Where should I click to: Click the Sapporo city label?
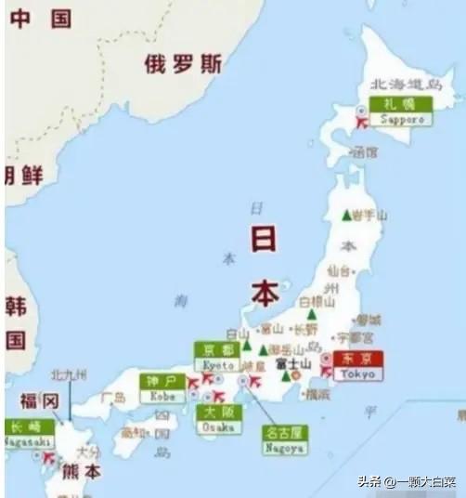pos(401,111)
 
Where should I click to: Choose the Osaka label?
pos(218,418)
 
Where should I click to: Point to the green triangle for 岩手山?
pos(346,216)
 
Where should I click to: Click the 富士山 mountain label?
pos(292,363)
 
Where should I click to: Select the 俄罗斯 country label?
pos(183,64)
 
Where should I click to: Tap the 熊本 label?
pos(81,471)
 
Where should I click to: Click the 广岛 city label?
pos(113,397)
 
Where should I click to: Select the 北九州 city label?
pos(70,374)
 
